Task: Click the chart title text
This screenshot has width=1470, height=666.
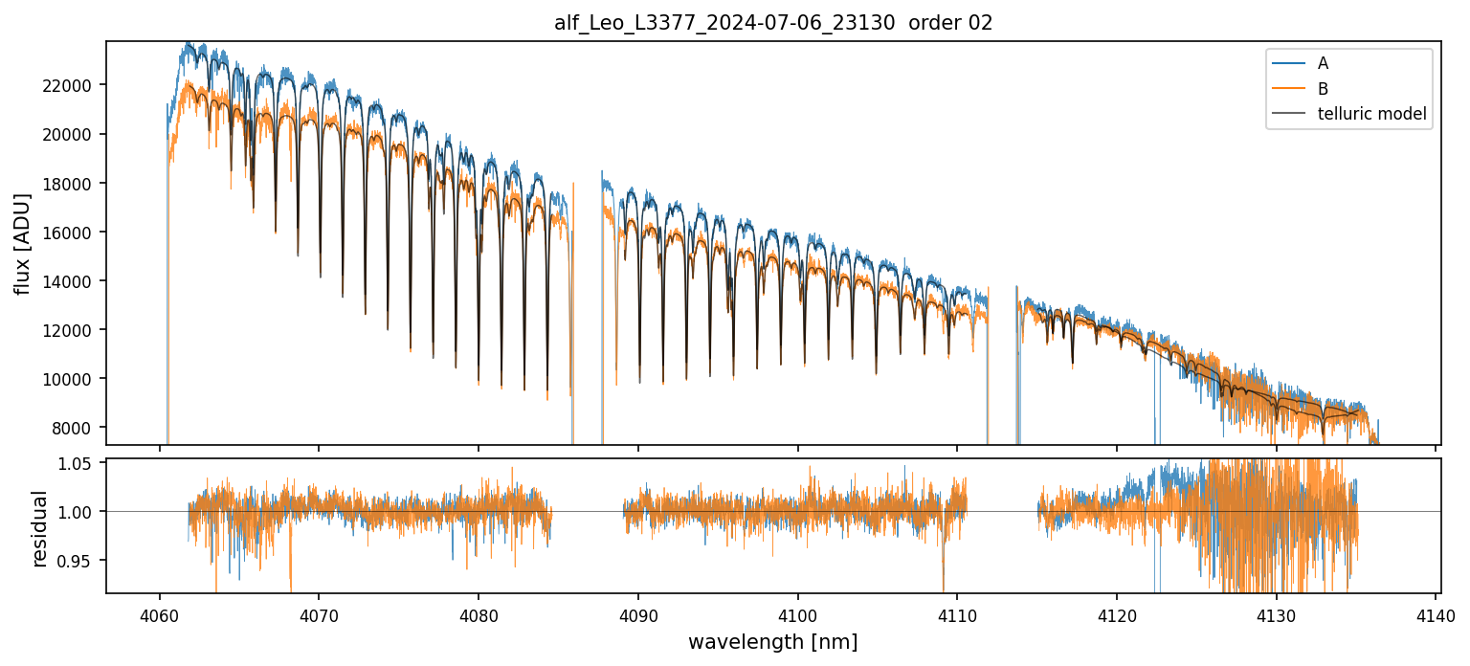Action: point(773,23)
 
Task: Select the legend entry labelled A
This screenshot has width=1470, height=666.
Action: point(1323,63)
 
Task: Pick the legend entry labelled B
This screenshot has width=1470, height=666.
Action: point(1323,89)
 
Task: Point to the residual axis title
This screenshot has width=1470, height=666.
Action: point(40,527)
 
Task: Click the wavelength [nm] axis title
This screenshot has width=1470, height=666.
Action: point(773,642)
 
